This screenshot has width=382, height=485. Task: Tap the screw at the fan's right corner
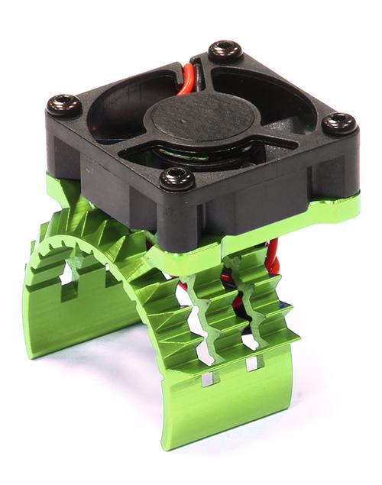[337, 122]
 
